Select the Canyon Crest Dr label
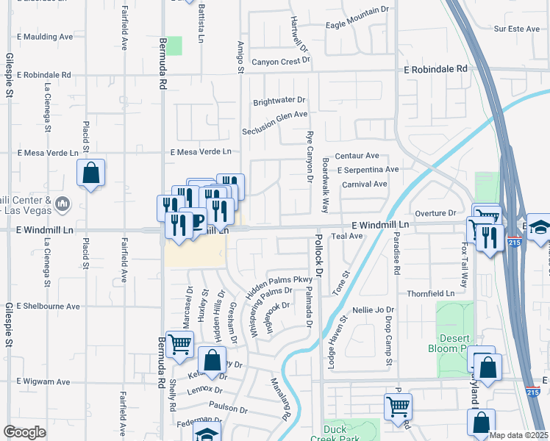(x=282, y=62)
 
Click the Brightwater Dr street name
(x=279, y=100)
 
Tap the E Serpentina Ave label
(x=368, y=169)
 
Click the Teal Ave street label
(x=348, y=236)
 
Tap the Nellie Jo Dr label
(x=374, y=310)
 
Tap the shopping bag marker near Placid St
(x=90, y=174)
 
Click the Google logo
(x=24, y=432)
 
